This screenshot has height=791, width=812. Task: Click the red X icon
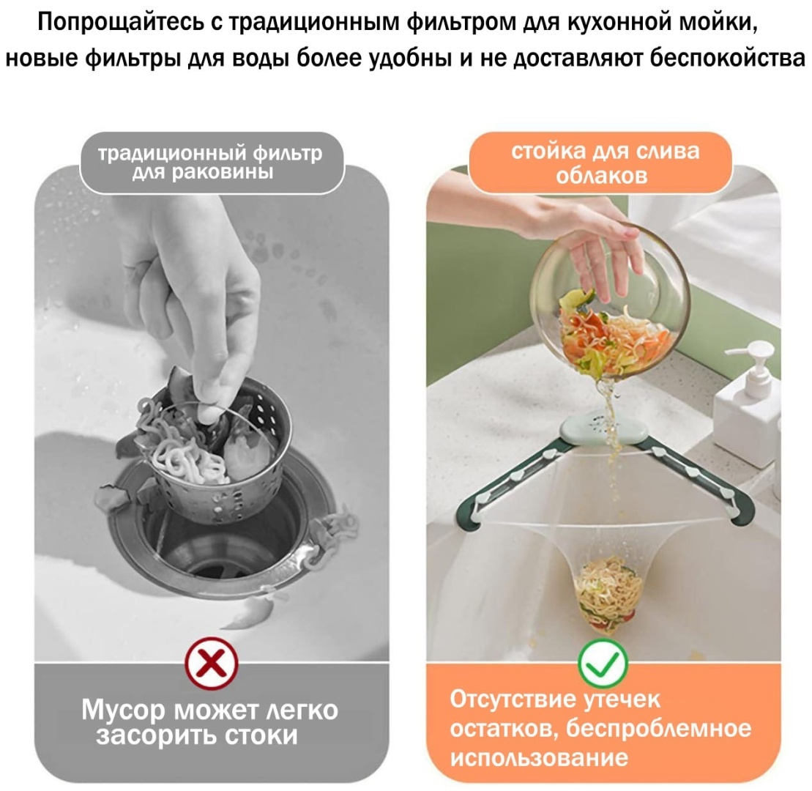tap(212, 663)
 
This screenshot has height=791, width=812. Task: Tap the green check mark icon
tap(603, 663)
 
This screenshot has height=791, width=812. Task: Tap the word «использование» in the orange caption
tap(539, 758)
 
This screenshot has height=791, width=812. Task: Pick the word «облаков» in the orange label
tap(602, 176)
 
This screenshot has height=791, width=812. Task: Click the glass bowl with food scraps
tap(611, 305)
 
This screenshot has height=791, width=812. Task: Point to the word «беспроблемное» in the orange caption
tap(658, 728)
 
